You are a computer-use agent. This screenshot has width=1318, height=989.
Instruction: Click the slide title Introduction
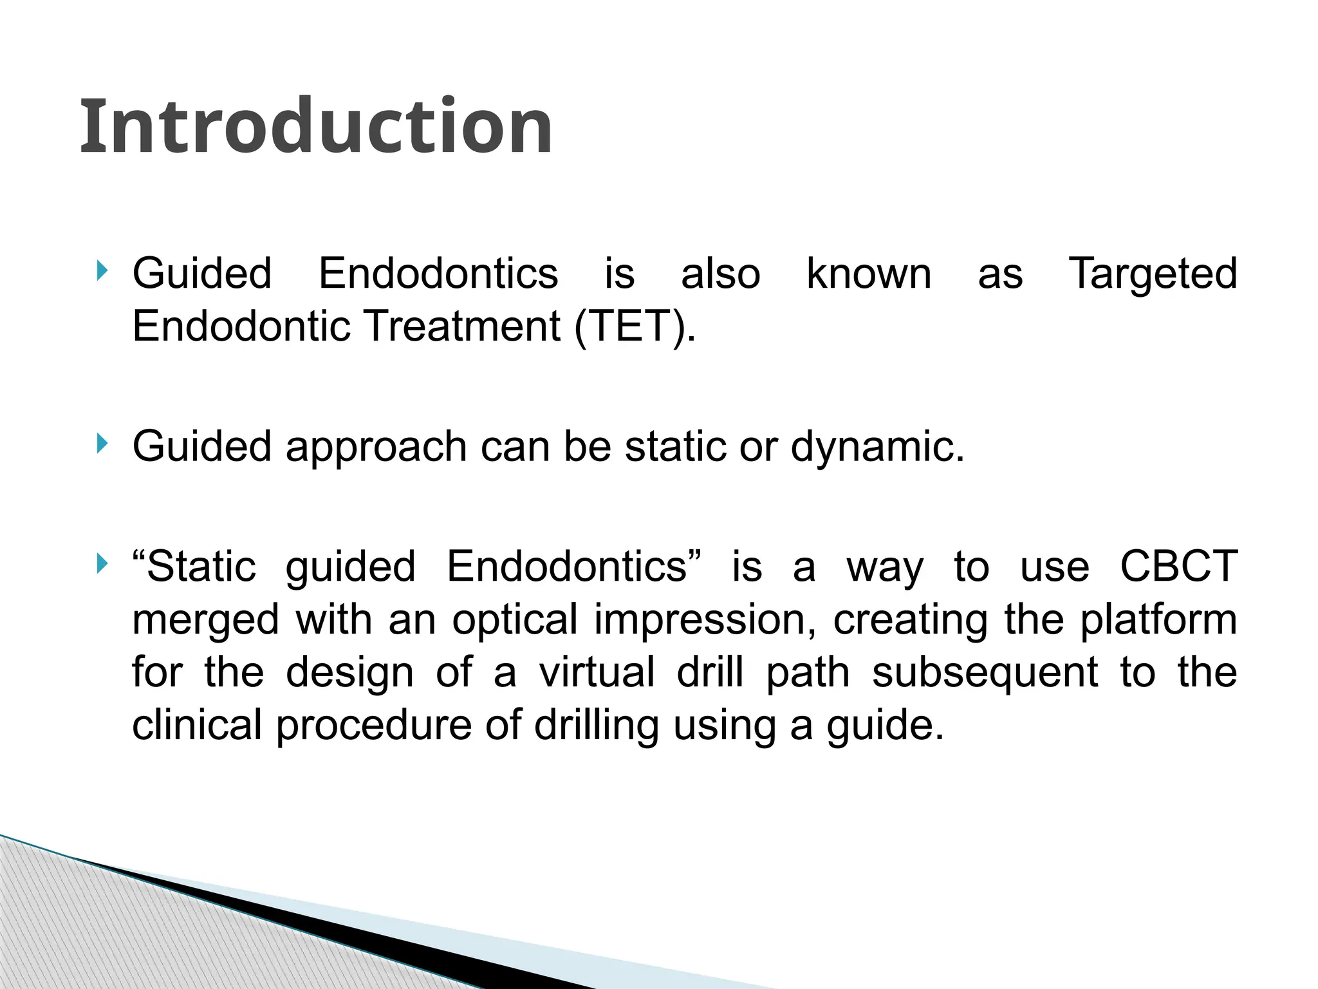[315, 126]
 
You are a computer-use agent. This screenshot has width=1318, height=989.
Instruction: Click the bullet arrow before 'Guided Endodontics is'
[101, 270]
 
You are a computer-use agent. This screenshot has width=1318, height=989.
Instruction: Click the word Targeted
[1153, 274]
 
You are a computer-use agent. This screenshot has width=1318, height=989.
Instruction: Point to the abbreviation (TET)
[635, 326]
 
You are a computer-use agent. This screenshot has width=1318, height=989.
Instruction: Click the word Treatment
[463, 326]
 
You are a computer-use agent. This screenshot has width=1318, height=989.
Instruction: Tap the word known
[869, 274]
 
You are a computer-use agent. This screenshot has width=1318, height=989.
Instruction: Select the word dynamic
[877, 447]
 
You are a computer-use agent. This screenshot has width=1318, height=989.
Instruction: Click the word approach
[376, 447]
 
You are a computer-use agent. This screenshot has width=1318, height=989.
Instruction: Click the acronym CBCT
[1178, 567]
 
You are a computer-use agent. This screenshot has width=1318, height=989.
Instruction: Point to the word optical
[515, 619]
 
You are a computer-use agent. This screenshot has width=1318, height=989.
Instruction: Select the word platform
[1158, 619]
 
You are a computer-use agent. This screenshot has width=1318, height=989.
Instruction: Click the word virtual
[597, 672]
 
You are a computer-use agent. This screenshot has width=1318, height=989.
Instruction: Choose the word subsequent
[985, 672]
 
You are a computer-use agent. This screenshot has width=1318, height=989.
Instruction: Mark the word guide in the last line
[885, 725]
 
